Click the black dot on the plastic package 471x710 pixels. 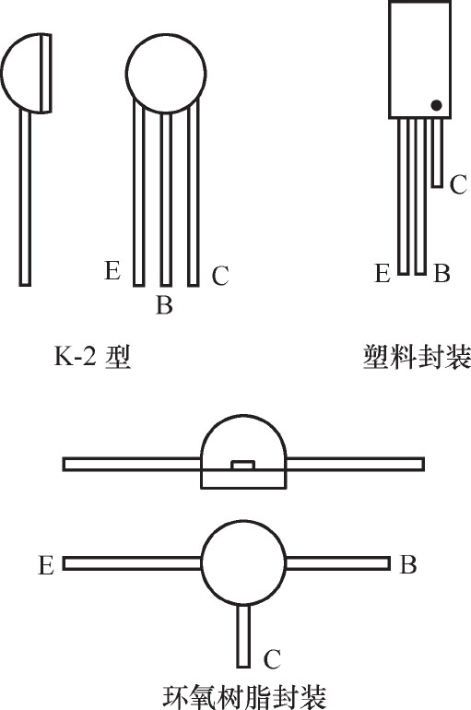click(436, 105)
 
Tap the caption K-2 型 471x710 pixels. click(92, 357)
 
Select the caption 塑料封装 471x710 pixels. click(417, 357)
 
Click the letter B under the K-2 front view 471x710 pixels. click(164, 304)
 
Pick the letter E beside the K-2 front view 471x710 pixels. click(112, 270)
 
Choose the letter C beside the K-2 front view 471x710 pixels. click(220, 275)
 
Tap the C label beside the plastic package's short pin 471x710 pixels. click(458, 184)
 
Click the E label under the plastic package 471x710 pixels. click(383, 274)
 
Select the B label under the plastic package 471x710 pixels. click(442, 274)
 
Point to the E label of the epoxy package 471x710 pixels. click(46, 565)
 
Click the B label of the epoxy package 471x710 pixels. click(408, 564)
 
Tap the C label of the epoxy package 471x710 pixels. click(273, 659)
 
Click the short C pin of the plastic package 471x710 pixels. click(437, 152)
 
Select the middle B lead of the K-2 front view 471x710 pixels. click(166, 199)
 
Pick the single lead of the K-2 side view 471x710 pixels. click(25, 198)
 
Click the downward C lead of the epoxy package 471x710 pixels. click(243, 635)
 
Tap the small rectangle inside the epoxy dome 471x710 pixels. click(243, 464)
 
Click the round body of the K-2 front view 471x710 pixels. click(166, 73)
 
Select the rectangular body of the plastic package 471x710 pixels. click(420, 59)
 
